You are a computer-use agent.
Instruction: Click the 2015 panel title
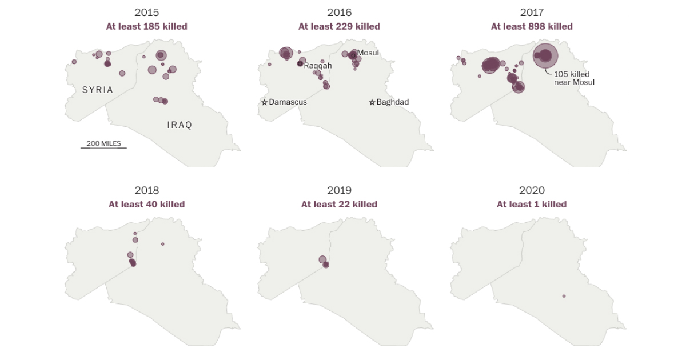pos(146,12)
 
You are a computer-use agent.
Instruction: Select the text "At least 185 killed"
pos(146,26)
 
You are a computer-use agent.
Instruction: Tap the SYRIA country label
pos(98,90)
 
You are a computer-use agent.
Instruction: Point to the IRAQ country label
pos(180,125)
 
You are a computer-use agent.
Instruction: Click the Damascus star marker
pos(265,102)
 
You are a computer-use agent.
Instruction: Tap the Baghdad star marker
pos(372,102)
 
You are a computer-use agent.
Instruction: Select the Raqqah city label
pos(317,65)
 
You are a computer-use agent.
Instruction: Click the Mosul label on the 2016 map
pos(368,53)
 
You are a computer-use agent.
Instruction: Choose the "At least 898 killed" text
pos(532,26)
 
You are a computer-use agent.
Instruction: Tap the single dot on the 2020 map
pos(564,296)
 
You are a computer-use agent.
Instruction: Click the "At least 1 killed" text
pos(532,205)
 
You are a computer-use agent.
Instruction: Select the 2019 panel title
pos(339,190)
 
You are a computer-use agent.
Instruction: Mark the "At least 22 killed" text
pos(339,205)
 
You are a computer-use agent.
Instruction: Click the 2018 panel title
pos(146,190)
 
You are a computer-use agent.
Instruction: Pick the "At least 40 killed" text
pos(146,205)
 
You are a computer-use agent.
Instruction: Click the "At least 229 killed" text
pos(339,26)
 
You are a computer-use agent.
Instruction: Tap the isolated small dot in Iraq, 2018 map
pos(163,244)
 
